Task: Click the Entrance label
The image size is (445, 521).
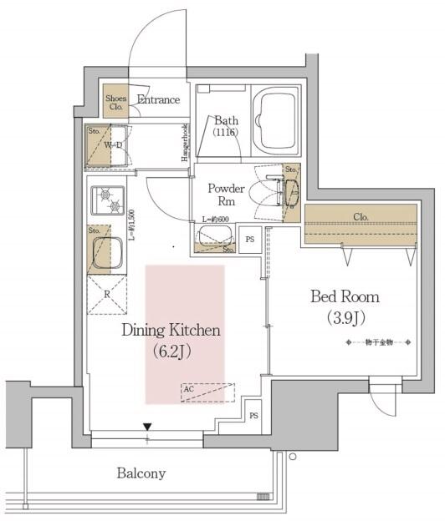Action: [158, 100]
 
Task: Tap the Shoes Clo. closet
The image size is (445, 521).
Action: [115, 101]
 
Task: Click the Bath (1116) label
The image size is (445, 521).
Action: [225, 126]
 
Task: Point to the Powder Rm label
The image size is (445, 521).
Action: [226, 194]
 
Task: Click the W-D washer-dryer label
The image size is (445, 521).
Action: [114, 144]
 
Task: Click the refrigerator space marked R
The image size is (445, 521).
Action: [107, 294]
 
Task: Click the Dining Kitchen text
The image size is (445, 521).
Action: [171, 330]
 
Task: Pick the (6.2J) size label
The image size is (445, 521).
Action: [172, 351]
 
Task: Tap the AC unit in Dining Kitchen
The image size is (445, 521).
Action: [207, 392]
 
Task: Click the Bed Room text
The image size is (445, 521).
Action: [345, 296]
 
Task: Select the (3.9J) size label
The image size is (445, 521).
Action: [345, 317]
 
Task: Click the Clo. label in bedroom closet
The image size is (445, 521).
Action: [361, 217]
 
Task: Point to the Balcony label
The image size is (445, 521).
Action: [140, 473]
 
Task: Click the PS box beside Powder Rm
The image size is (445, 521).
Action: [249, 239]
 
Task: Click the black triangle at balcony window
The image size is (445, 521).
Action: [148, 426]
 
